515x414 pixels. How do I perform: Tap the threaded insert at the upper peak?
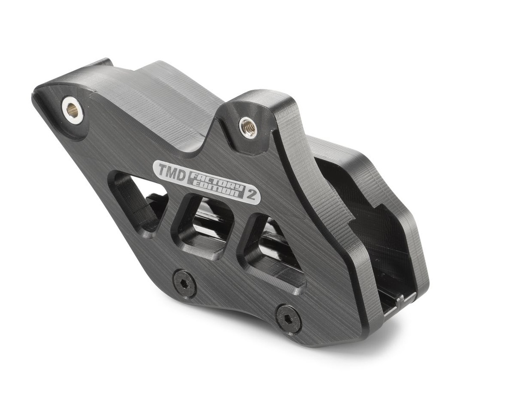tap(247, 127)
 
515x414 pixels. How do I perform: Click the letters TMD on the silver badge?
tap(169, 171)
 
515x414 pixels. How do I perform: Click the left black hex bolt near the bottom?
tap(185, 283)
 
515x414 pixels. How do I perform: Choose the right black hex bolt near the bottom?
tap(288, 317)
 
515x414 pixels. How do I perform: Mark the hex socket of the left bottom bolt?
tap(185, 283)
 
